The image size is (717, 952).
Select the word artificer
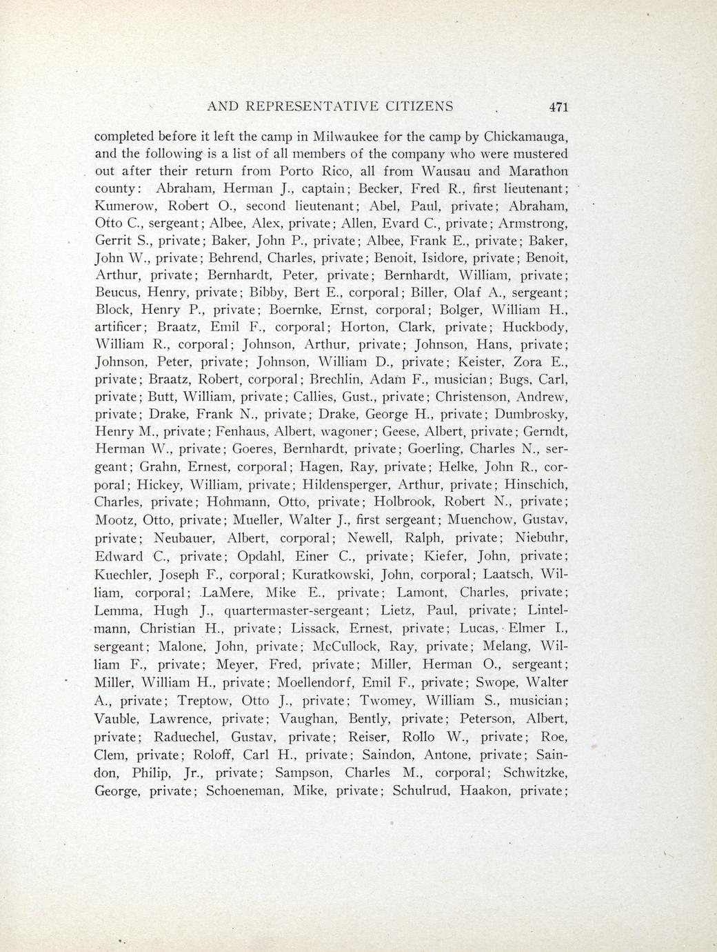pyautogui.click(x=119, y=326)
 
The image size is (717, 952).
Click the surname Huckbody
pyautogui.click(x=535, y=326)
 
